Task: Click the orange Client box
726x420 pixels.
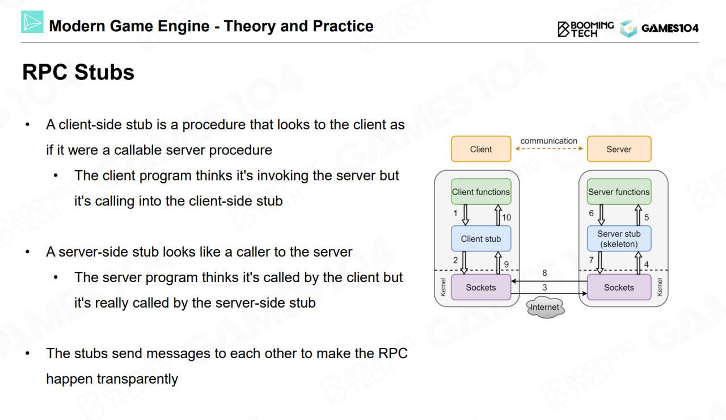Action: tap(481, 149)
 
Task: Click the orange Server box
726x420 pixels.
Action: tap(619, 149)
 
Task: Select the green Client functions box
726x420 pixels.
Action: tap(481, 192)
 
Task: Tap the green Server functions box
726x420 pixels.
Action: tap(619, 192)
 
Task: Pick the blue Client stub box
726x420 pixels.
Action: tap(481, 239)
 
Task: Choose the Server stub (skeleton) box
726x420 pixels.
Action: tap(619, 239)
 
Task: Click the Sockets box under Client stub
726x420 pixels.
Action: tap(481, 288)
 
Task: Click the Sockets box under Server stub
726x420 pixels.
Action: tap(619, 288)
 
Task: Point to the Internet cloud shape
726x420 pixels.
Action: tap(544, 308)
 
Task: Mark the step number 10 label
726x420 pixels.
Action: tap(506, 217)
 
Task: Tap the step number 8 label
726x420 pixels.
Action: tap(544, 273)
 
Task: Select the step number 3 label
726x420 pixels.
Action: tap(544, 288)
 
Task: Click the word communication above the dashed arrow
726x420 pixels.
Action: tap(548, 141)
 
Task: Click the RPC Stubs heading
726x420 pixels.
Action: tap(78, 73)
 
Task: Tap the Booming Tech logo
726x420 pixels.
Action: tap(585, 29)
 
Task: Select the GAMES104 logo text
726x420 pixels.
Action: tap(670, 28)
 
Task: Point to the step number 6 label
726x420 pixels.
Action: tap(592, 213)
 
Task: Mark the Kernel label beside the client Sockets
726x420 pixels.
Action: tap(444, 287)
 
